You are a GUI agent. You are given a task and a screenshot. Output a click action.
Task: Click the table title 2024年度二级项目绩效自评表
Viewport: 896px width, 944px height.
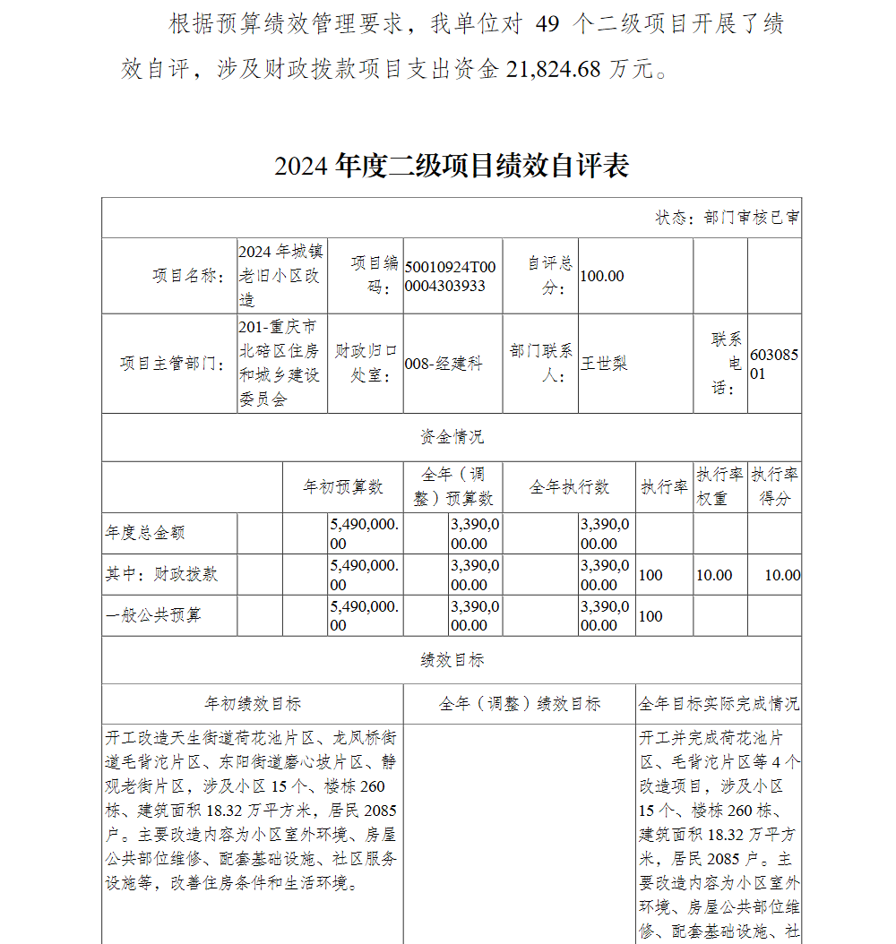click(452, 166)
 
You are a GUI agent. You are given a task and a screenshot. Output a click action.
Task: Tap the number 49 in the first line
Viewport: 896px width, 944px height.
click(547, 24)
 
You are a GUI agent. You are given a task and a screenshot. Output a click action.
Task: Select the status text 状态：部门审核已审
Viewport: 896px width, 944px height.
click(728, 218)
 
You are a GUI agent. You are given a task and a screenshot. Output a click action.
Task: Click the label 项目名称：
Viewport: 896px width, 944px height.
click(186, 276)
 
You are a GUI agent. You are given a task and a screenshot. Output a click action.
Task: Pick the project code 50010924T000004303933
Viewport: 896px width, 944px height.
click(449, 276)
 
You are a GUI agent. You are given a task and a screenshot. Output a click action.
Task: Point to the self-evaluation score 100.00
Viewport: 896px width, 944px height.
click(602, 276)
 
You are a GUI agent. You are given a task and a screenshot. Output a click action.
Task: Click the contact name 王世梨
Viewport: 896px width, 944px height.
click(604, 363)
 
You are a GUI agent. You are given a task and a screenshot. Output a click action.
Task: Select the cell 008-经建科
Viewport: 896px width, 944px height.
click(444, 364)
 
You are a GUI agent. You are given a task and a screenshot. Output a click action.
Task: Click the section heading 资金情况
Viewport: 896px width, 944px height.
click(452, 437)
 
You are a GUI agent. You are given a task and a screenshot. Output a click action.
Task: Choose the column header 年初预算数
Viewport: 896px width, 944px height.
click(343, 486)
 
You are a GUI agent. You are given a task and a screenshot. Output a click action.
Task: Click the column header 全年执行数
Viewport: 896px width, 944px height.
click(569, 486)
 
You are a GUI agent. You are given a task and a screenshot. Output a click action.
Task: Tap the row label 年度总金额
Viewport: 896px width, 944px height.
click(145, 533)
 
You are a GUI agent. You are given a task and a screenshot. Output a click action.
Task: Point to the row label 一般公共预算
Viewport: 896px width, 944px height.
click(153, 615)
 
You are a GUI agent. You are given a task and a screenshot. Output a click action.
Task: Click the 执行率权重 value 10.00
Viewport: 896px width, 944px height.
click(714, 575)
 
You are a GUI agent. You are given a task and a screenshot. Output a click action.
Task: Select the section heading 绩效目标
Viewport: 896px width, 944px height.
click(452, 660)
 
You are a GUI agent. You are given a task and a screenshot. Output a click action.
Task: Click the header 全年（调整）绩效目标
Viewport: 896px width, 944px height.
click(520, 704)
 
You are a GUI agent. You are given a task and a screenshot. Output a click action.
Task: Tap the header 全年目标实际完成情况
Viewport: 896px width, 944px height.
click(719, 704)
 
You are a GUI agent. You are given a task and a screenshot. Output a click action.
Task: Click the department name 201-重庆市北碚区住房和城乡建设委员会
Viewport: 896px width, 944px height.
click(280, 363)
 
